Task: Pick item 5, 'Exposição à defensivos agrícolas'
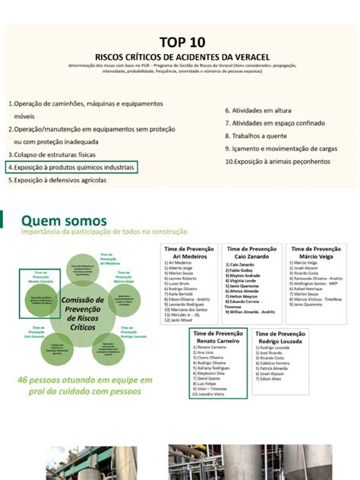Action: (x=57, y=181)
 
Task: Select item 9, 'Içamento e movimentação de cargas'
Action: (x=280, y=149)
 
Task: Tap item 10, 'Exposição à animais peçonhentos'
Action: (x=278, y=162)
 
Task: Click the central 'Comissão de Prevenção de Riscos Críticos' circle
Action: (x=82, y=309)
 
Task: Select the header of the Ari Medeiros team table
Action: (x=189, y=253)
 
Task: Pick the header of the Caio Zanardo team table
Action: (x=251, y=253)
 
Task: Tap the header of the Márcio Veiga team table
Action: (x=315, y=253)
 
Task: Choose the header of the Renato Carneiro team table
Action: (x=218, y=338)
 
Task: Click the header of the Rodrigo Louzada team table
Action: (x=281, y=338)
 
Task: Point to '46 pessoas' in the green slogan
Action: (x=46, y=379)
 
